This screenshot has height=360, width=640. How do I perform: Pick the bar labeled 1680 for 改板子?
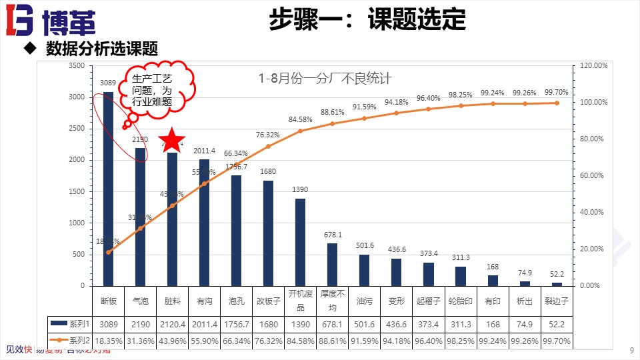point(268,233)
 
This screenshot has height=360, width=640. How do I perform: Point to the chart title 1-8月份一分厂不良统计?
point(325,79)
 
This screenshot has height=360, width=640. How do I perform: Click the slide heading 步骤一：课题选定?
point(367,20)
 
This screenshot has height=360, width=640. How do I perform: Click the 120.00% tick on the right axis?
point(590,65)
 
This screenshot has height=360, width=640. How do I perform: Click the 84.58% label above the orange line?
point(300,119)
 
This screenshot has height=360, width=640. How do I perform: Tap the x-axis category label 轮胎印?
point(460,301)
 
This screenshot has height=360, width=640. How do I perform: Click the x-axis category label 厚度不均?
point(332,301)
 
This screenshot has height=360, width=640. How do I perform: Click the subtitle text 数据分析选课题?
point(101,49)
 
